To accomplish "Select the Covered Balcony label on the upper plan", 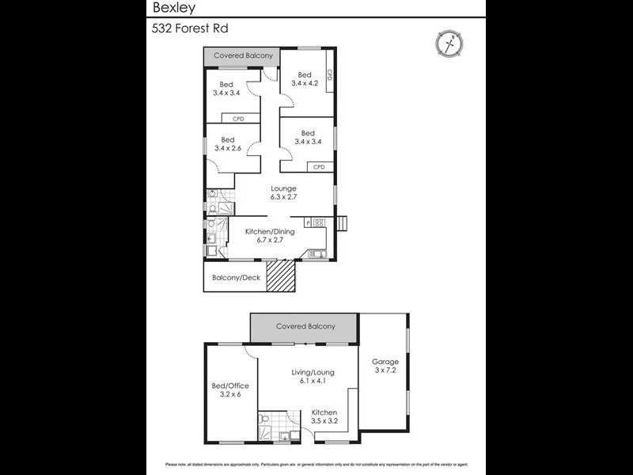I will coord(243,56).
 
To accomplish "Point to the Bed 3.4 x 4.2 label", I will coord(305,79).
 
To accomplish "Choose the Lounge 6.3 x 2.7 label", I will coord(283,193).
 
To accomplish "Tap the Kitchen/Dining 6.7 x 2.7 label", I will coord(270,235).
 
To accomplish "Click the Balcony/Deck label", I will coord(236,278).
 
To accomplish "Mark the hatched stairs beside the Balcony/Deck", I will coord(280,277).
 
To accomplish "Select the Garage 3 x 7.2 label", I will coord(385,367).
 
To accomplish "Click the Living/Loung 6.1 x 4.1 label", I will coord(313,376).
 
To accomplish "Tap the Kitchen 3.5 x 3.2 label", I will coord(324,417).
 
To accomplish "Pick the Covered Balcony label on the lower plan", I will coord(305,326).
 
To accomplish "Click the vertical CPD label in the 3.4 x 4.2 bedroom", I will coord(329,77).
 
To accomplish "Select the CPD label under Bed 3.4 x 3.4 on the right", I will coord(319,167).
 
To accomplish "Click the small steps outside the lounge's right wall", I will coord(342,224).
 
